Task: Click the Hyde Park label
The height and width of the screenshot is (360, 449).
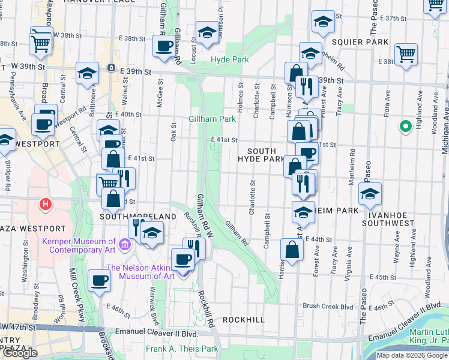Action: (230, 60)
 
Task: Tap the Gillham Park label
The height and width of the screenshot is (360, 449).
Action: (213, 119)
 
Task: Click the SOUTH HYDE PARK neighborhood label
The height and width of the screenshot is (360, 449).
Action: (261, 155)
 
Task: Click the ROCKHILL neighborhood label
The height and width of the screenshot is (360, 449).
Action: (243, 320)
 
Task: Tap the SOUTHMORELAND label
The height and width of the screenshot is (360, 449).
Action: (138, 216)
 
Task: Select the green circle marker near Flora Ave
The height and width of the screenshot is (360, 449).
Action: (405, 126)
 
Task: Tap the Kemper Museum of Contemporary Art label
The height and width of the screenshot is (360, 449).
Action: (84, 244)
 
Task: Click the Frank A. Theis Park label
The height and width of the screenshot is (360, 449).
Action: (182, 349)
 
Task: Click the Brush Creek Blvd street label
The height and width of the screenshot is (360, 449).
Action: (328, 306)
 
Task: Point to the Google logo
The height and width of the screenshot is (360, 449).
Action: (19, 353)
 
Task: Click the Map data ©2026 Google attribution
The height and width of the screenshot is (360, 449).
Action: (412, 355)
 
